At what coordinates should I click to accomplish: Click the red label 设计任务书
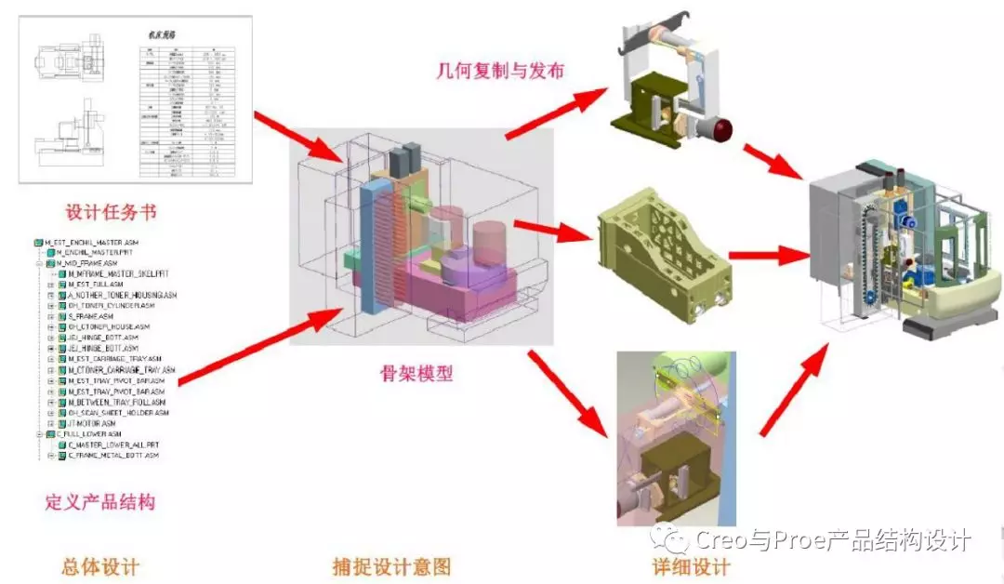pyautogui.click(x=111, y=212)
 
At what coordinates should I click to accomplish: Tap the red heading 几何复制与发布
pyautogui.click(x=500, y=71)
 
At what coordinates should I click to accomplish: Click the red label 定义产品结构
pyautogui.click(x=100, y=502)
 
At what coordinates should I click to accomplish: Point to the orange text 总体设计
pyautogui.click(x=100, y=566)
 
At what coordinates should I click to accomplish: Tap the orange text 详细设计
pyautogui.click(x=692, y=566)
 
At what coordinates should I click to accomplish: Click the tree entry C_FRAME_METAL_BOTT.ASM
pyautogui.click(x=112, y=456)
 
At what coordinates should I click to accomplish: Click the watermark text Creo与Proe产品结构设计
pyautogui.click(x=833, y=540)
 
